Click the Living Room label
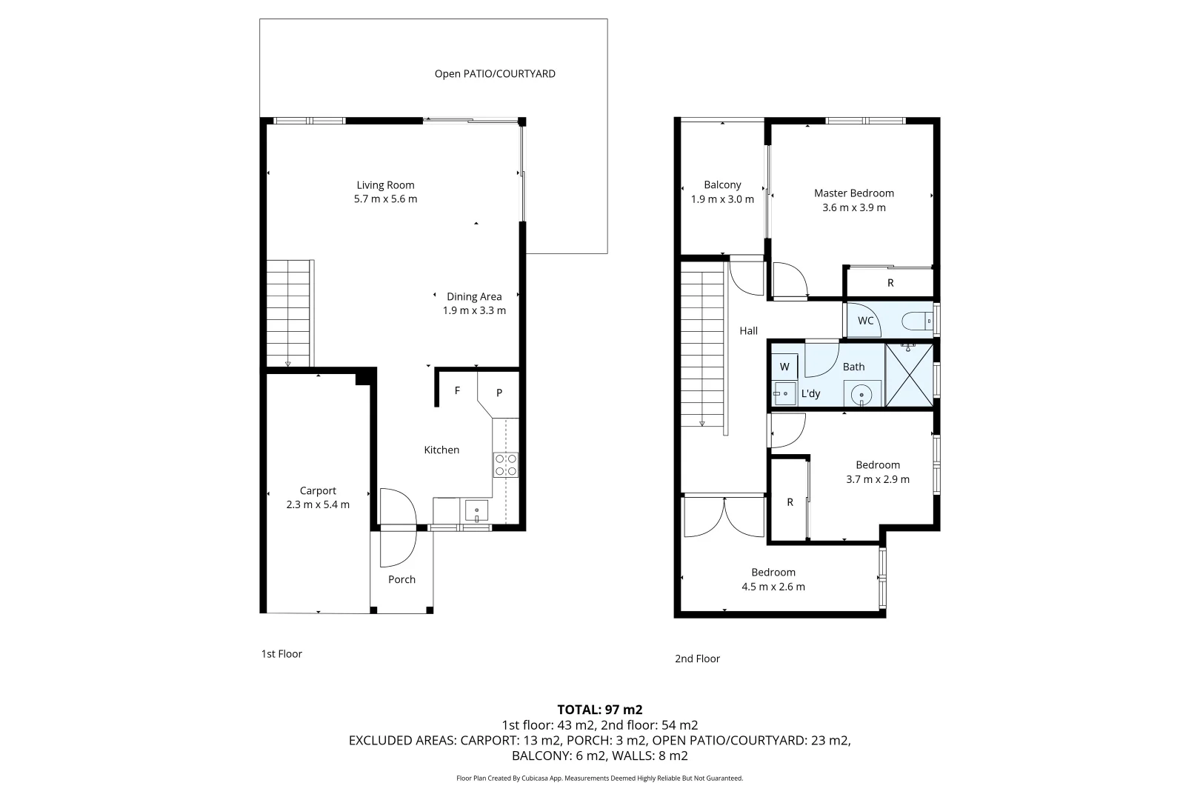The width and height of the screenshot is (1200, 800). pyautogui.click(x=385, y=185)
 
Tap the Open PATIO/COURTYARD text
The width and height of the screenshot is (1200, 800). pyautogui.click(x=495, y=74)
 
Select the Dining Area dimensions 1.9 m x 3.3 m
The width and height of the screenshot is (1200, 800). pyautogui.click(x=474, y=310)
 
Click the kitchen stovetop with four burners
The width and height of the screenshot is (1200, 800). pyautogui.click(x=506, y=464)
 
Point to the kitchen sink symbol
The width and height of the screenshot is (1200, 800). pyautogui.click(x=476, y=510)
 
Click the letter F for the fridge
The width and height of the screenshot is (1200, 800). pyautogui.click(x=458, y=390)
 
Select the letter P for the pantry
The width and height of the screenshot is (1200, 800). pyautogui.click(x=499, y=393)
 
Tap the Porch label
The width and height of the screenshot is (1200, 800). pyautogui.click(x=401, y=579)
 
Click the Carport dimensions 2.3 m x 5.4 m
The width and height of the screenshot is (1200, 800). pyautogui.click(x=318, y=504)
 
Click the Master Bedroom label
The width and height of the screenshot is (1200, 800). pyautogui.click(x=854, y=193)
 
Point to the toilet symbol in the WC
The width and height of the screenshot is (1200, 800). pyautogui.click(x=917, y=321)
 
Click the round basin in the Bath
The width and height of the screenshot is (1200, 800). pyautogui.click(x=861, y=395)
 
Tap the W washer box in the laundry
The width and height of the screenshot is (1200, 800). pyautogui.click(x=784, y=367)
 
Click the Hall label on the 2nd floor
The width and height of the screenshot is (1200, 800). pyautogui.click(x=748, y=331)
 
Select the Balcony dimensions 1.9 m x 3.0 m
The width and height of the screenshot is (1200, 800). pyautogui.click(x=722, y=199)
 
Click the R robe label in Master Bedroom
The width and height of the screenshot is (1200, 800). pyautogui.click(x=890, y=283)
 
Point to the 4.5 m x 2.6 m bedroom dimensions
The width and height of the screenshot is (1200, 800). pyautogui.click(x=773, y=587)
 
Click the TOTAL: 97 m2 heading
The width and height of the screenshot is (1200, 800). pyautogui.click(x=599, y=710)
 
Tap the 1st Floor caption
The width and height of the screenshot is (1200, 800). pyautogui.click(x=281, y=653)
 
